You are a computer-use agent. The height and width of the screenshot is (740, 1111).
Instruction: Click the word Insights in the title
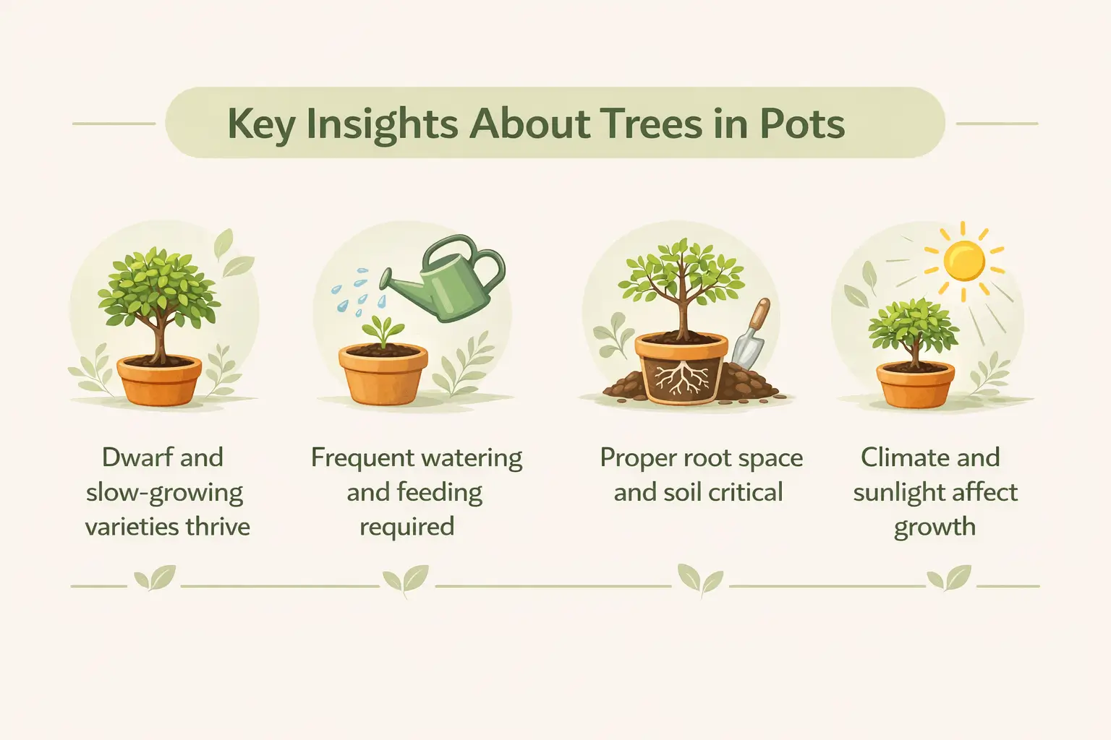380,124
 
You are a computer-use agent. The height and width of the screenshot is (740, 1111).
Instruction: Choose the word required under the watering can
406,526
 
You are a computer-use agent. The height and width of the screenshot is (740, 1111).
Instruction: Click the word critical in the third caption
745,493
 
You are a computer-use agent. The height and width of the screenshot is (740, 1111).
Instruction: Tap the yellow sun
964,261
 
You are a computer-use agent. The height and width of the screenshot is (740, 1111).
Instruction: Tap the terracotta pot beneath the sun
916,384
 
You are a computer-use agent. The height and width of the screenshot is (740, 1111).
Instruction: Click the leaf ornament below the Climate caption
948,579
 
